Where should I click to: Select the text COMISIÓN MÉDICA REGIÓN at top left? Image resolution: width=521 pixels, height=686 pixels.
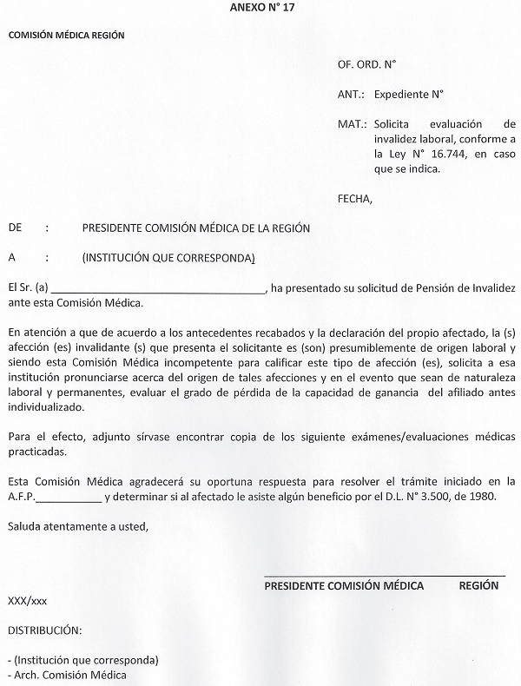pyautogui.click(x=67, y=36)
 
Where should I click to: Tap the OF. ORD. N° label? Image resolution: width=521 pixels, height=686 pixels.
pyautogui.click(x=366, y=64)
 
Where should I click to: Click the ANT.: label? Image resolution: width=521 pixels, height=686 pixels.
pyautogui.click(x=351, y=94)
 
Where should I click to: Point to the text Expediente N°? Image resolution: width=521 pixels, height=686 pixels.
pyautogui.click(x=409, y=94)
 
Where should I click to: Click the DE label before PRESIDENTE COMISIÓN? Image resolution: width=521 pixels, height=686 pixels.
pyautogui.click(x=15, y=228)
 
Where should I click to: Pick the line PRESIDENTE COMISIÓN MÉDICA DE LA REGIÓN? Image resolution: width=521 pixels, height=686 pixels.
pyautogui.click(x=196, y=228)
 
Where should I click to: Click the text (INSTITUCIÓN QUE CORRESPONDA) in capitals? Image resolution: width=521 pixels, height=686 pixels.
pyautogui.click(x=168, y=258)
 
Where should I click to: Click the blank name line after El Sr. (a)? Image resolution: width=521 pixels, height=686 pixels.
pyautogui.click(x=156, y=288)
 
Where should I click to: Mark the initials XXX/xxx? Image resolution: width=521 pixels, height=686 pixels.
pyautogui.click(x=28, y=600)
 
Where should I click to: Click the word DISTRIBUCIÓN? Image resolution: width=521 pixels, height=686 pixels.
pyautogui.click(x=44, y=629)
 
